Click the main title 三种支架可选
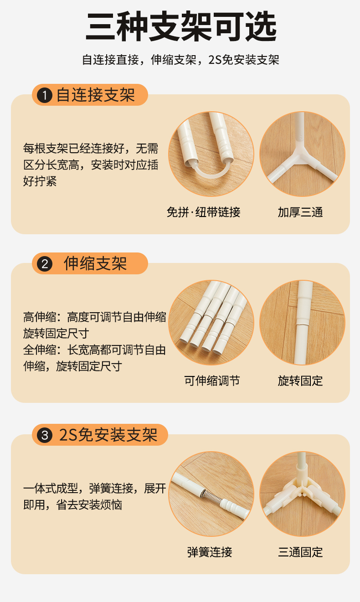coord(181,26)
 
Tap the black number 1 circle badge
coord(45,95)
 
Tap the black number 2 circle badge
coord(45,264)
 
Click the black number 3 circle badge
coord(45,435)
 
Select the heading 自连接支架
coord(96,95)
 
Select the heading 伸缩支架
coord(95,263)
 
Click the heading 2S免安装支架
coord(108,435)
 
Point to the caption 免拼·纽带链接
coord(203,212)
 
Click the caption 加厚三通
coord(300,212)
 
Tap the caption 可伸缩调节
coord(212,381)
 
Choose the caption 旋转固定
coord(300,381)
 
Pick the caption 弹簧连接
coord(210,552)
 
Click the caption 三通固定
coord(300,552)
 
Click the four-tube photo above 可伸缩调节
coord(211,323)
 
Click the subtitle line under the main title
coord(180,60)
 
